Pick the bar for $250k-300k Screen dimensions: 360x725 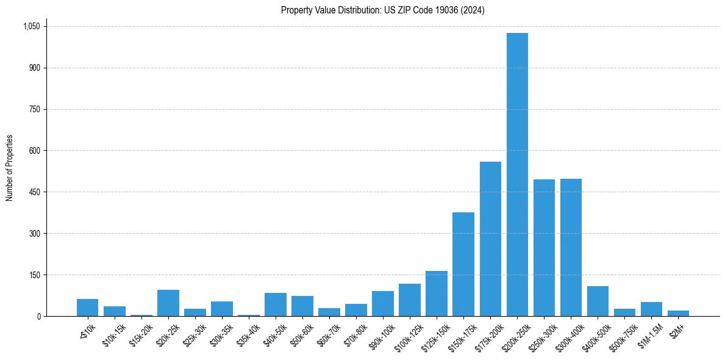pos(544,248)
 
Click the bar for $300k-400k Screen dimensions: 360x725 pos(571,247)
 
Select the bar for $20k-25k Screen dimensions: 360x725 pos(168,303)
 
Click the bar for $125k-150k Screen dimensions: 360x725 pos(437,293)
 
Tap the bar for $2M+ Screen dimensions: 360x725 pos(678,314)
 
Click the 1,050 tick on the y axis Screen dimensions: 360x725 pos(31,26)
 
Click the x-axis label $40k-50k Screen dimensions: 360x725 pos(275,334)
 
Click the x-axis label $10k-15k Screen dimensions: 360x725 pos(114,334)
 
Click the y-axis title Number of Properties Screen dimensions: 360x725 pos(10,168)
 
